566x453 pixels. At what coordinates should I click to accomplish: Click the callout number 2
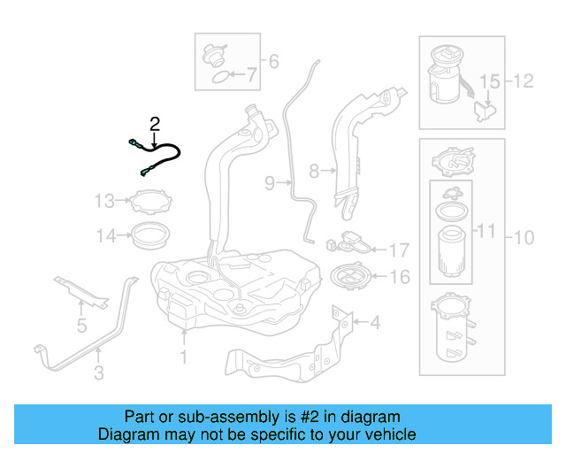pos(155,123)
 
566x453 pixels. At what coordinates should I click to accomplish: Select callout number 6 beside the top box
pos(272,61)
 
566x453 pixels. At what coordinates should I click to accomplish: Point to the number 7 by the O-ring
pos(252,76)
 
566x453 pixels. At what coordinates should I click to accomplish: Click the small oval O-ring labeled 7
pos(217,78)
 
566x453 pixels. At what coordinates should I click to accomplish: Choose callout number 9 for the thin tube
pos(270,183)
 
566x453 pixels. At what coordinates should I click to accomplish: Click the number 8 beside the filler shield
pos(313,170)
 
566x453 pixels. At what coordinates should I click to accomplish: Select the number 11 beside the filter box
pos(486,233)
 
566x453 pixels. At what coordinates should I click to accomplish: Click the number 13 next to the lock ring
pos(104,201)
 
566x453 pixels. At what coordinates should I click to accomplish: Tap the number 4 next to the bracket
pos(375,323)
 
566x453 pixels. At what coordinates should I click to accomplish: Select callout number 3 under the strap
pos(98,373)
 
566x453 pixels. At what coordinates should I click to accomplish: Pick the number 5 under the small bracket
pos(81,326)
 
